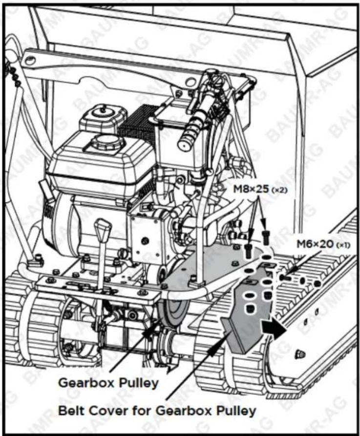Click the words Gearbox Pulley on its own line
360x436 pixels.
[x=108, y=383]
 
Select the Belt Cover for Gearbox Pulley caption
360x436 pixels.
[x=157, y=411]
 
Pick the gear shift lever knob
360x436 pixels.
[x=103, y=227]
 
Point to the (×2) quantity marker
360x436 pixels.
[x=279, y=190]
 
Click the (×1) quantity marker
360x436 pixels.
[x=343, y=245]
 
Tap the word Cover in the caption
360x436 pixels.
[x=108, y=411]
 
